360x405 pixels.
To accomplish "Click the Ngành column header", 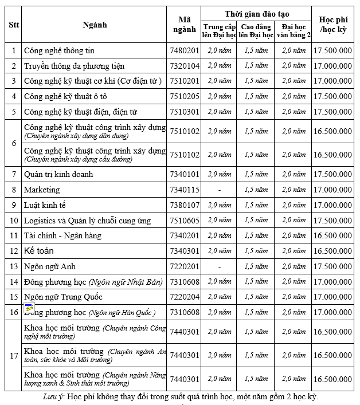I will [95, 25].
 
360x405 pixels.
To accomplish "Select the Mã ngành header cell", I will [183, 25].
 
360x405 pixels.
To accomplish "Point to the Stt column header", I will [14, 25].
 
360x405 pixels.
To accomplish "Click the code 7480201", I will [183, 50].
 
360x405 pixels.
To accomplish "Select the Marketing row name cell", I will [42, 190].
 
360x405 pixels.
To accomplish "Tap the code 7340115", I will [183, 190].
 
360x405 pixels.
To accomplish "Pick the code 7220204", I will [183, 297].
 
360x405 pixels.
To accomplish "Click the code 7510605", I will [183, 221].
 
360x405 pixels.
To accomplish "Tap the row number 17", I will [14, 356].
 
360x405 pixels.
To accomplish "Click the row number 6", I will [14, 143].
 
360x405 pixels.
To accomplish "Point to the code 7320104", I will [183, 66].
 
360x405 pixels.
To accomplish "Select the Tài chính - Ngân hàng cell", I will [62, 235].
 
